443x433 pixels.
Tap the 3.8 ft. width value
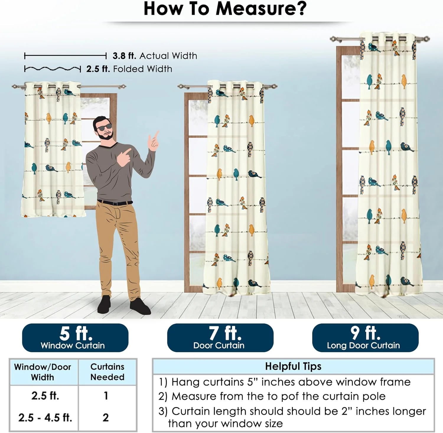click(x=124, y=56)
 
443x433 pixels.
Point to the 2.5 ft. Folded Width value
click(x=98, y=69)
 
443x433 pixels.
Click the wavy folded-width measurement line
click(x=53, y=69)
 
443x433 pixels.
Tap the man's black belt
click(x=115, y=203)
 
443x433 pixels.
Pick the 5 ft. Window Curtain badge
click(x=75, y=338)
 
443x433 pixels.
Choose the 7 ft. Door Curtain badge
click(x=220, y=338)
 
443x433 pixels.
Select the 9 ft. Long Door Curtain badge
click(x=365, y=338)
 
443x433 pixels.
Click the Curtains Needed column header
click(x=107, y=372)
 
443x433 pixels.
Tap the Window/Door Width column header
click(x=43, y=372)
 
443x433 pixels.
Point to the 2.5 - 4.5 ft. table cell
click(x=45, y=417)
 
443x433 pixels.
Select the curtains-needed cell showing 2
click(x=106, y=417)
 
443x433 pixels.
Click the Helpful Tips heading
click(x=293, y=366)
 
